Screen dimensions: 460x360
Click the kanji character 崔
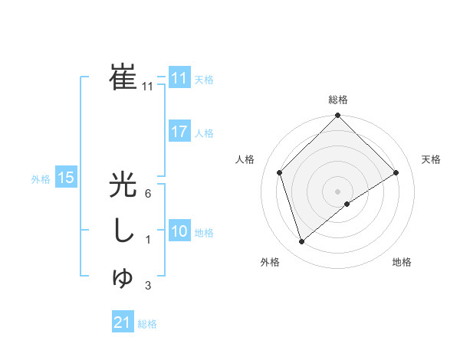pyautogui.click(x=123, y=77)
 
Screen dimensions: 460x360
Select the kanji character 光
pyautogui.click(x=123, y=187)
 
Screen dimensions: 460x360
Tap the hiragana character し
pyautogui.click(x=123, y=231)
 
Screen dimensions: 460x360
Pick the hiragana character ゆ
pyautogui.click(x=123, y=278)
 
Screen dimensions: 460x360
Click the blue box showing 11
pyautogui.click(x=179, y=78)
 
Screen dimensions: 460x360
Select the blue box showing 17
pyautogui.click(x=179, y=132)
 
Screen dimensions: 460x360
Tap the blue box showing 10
pyautogui.click(x=179, y=231)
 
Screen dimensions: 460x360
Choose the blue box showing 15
pyautogui.click(x=66, y=178)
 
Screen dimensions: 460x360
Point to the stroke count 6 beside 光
pyautogui.click(x=147, y=194)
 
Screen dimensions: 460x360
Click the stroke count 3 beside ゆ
pyautogui.click(x=147, y=286)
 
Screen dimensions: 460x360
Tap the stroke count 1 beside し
pyautogui.click(x=147, y=241)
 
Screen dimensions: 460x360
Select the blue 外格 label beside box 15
pyautogui.click(x=41, y=179)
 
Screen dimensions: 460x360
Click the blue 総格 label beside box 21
pyautogui.click(x=147, y=324)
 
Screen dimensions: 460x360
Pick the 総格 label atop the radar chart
pyautogui.click(x=338, y=100)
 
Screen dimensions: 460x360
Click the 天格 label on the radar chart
pyautogui.click(x=431, y=159)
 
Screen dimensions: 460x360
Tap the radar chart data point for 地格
pyautogui.click(x=347, y=204)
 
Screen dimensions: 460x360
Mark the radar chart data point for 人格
pyautogui.click(x=280, y=172)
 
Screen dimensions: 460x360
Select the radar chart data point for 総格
pyautogui.click(x=338, y=116)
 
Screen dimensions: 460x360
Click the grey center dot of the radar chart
pyautogui.click(x=338, y=191)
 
